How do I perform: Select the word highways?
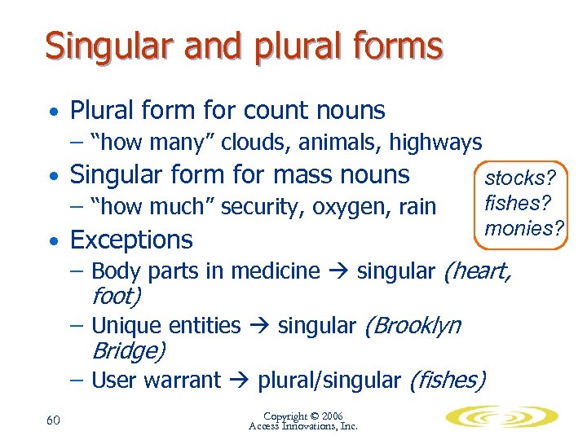pos(435,143)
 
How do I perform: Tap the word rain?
pos(417,207)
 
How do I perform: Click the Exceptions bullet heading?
pos(131,240)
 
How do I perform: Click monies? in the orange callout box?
pos(523,228)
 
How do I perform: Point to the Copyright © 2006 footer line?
pos(302,415)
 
